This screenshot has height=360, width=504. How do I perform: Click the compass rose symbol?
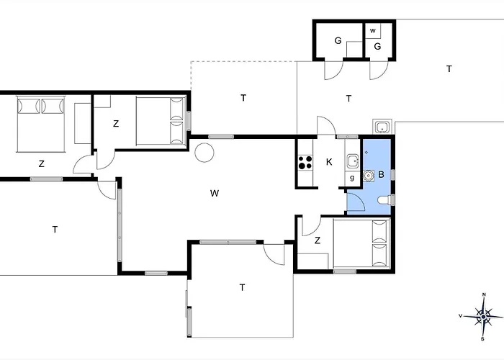click(x=483, y=317)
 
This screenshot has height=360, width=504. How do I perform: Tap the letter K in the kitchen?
click(x=329, y=162)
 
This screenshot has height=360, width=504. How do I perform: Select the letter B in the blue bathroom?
click(x=382, y=174)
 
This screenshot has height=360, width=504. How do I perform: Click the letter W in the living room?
click(x=215, y=193)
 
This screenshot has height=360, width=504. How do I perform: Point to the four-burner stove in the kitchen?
click(x=305, y=162)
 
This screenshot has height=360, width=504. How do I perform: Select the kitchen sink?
click(x=353, y=161)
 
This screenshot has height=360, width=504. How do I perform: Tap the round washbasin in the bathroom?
click(x=369, y=175)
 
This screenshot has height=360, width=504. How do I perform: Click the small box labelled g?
click(x=352, y=178)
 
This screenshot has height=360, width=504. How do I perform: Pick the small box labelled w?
click(x=373, y=31)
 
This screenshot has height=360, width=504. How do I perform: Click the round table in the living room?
click(x=204, y=153)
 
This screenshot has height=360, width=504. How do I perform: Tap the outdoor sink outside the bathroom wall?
click(x=382, y=126)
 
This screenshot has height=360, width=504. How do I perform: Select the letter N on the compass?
click(x=485, y=294)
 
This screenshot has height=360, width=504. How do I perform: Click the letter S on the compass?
click(x=482, y=339)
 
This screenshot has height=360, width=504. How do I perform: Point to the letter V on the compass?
click(x=460, y=316)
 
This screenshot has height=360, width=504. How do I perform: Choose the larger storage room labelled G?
click(x=339, y=40)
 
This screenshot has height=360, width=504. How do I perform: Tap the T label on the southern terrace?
click(x=242, y=287)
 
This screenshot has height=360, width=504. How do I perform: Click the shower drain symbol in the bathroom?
click(x=366, y=152)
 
